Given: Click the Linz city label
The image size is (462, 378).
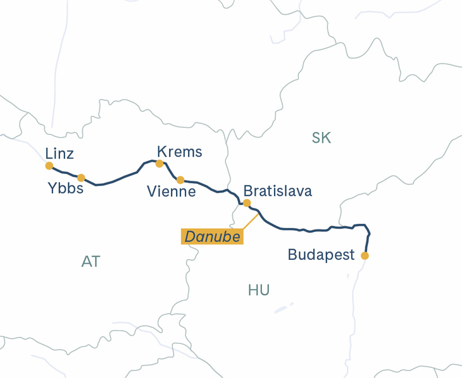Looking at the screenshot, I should tap(59, 154).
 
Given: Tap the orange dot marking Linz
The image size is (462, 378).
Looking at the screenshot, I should tap(49, 166).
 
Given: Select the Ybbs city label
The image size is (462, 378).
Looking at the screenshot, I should tap(66, 188).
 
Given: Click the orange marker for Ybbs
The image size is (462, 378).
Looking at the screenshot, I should tap(81, 178).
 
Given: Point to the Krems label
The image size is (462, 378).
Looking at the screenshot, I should tap(180, 152).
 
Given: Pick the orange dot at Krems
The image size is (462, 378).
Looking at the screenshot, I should tap(159, 164).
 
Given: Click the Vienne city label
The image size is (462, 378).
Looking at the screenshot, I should tap(171, 192).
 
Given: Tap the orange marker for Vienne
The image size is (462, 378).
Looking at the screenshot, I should tap(180, 180).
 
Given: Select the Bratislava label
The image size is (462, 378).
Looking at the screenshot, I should tap(277, 191).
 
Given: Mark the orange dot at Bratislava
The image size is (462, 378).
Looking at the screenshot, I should tap(247, 203).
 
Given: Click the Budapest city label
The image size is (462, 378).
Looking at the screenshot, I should tap(321, 255).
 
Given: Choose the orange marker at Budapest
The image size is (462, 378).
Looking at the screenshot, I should tap(365, 256).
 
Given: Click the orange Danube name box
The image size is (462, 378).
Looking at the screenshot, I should tap(213, 236).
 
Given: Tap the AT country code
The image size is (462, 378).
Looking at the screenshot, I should tap(91, 262).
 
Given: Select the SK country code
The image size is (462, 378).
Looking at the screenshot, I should tap(322, 138).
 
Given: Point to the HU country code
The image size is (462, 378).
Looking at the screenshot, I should tap(259, 290).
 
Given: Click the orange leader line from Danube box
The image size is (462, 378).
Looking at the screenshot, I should tap(251, 221).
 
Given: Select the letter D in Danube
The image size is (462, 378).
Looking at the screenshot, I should tap(190, 236).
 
